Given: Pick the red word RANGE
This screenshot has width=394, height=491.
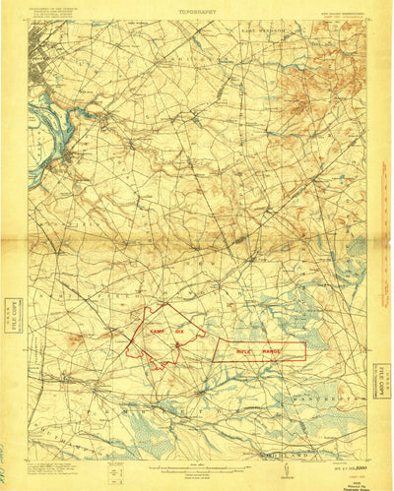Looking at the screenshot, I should (x=273, y=350).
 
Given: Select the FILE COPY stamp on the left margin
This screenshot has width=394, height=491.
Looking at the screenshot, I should (x=12, y=311).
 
